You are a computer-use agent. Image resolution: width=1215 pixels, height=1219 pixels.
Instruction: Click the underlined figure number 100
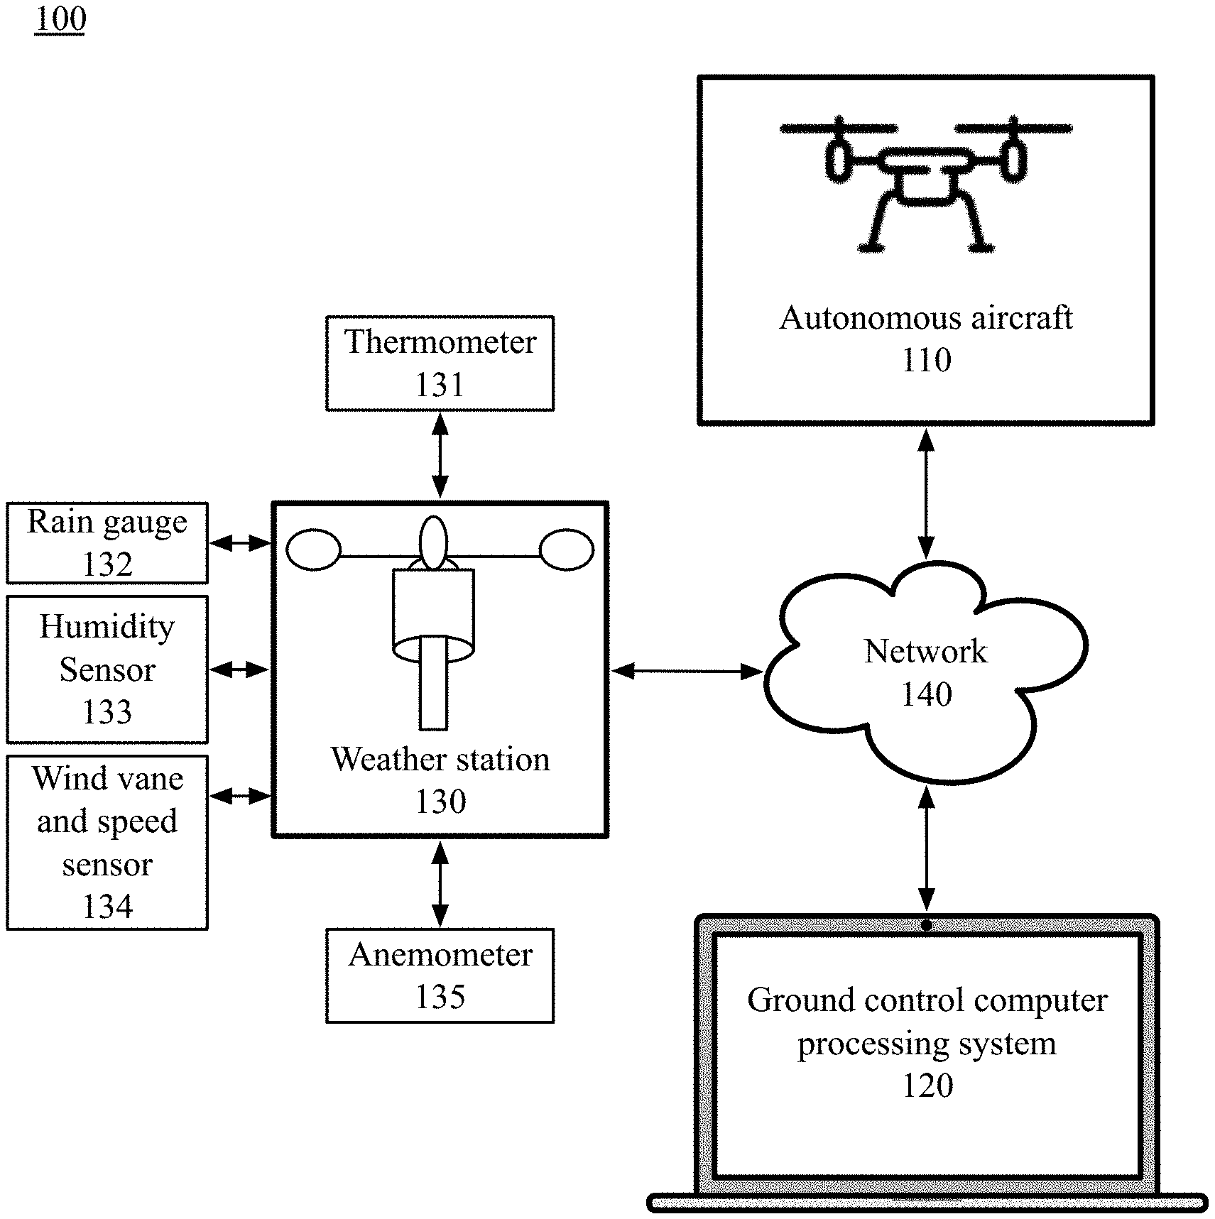(x=60, y=19)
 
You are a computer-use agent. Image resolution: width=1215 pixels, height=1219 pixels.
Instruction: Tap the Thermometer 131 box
(x=440, y=363)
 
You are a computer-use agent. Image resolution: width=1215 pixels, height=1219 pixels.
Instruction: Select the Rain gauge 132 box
(x=107, y=543)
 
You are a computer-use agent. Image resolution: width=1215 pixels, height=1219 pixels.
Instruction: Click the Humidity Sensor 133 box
(x=107, y=669)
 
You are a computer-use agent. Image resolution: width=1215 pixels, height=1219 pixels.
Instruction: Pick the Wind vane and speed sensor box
(x=107, y=842)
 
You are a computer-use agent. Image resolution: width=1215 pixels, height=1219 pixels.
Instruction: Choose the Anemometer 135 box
(x=440, y=975)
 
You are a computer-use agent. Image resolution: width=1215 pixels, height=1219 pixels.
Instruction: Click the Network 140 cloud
(x=926, y=672)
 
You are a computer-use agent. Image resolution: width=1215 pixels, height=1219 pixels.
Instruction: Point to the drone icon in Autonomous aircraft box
(x=925, y=181)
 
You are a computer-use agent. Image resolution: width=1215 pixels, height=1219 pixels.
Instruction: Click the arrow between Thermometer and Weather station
(x=440, y=455)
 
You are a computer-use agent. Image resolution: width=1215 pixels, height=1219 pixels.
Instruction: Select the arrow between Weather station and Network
(x=687, y=671)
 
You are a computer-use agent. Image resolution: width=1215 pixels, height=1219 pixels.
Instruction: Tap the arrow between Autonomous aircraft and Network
(x=926, y=493)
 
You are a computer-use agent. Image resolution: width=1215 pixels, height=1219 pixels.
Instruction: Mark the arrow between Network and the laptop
(x=926, y=848)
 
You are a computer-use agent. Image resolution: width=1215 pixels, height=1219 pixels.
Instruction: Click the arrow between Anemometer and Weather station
(x=440, y=883)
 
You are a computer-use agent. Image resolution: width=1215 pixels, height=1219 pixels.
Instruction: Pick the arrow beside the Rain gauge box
(x=241, y=544)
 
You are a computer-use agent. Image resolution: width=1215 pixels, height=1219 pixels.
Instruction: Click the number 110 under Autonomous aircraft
(x=926, y=361)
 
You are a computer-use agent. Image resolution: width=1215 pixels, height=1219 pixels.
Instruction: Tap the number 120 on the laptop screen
(x=927, y=1086)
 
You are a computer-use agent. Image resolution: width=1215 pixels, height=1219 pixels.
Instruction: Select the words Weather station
(x=440, y=760)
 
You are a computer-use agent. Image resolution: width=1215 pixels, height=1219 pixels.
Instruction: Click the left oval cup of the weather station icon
(x=313, y=550)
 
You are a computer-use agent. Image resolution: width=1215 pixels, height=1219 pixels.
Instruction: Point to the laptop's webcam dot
(x=926, y=926)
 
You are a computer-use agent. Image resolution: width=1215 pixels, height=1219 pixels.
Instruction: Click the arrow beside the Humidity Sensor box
(x=239, y=669)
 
